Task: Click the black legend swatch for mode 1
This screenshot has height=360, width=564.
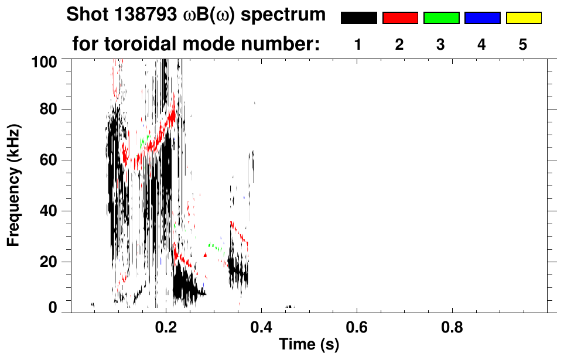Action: [x=358, y=18]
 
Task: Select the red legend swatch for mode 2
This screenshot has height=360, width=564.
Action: [x=400, y=18]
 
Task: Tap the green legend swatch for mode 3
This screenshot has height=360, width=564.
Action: [x=441, y=18]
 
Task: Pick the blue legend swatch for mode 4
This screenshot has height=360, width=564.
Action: [x=482, y=18]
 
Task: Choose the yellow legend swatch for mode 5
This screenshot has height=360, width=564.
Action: [x=523, y=18]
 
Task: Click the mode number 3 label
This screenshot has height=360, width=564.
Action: [x=440, y=45]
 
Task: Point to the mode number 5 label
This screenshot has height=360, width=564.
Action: [x=523, y=45]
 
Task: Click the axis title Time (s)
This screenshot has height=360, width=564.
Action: [x=308, y=345]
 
